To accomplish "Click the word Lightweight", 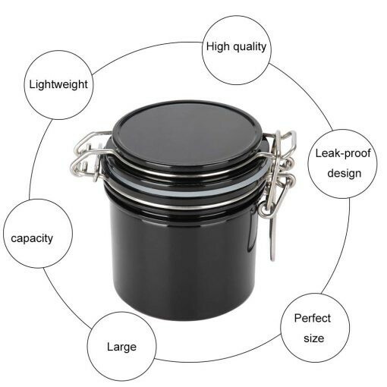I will [x=58, y=84].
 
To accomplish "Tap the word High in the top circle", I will [x=218, y=46].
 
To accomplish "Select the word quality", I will [x=250, y=46].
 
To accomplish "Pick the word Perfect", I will [x=312, y=317].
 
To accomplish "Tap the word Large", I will [x=121, y=347].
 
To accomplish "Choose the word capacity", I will [x=32, y=238].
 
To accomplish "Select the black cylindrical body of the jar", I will [x=182, y=250].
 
